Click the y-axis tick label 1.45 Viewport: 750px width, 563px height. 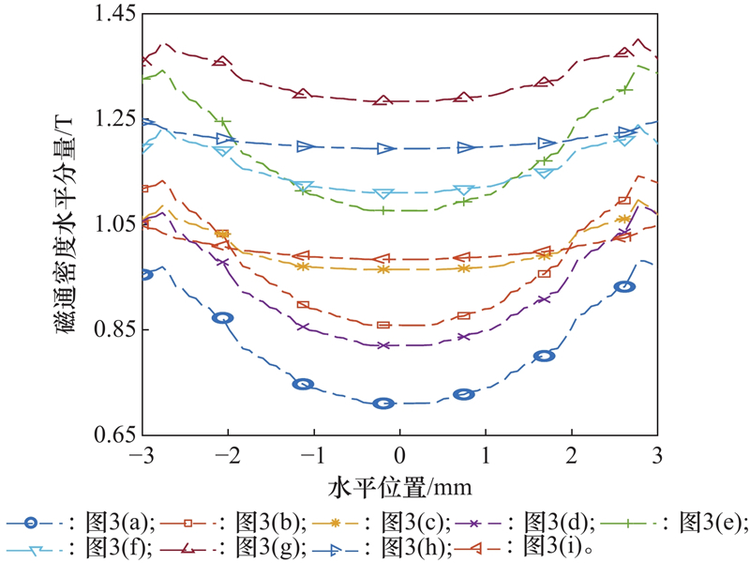click(x=112, y=14)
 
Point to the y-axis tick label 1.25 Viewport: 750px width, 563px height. click(x=112, y=119)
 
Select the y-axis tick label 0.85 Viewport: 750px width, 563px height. click(x=112, y=329)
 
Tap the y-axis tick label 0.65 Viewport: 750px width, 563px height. click(x=112, y=435)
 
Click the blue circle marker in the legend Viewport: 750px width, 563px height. click(x=32, y=523)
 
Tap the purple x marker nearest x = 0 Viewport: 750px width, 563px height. click(x=382, y=345)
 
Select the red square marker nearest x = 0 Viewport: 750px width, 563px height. click(x=382, y=325)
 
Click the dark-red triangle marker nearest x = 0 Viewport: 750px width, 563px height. click(x=382, y=100)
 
